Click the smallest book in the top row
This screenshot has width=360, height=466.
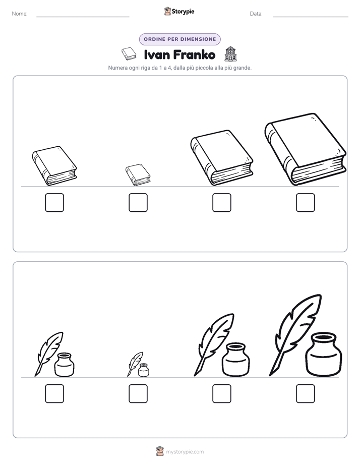pos(138,174)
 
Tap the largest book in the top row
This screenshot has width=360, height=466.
pos(306,149)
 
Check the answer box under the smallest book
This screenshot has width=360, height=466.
pos(138,202)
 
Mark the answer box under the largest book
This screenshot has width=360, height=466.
pos(306,202)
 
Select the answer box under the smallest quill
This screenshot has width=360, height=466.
pos(138,393)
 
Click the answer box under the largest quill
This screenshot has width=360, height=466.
pos(306,393)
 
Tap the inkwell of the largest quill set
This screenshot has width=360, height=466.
pos(324,354)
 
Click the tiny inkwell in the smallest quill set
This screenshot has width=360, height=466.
pos(144,370)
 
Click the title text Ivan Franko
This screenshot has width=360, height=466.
pos(179,54)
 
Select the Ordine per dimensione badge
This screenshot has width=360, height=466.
pos(179,39)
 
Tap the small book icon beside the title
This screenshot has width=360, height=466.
pos(129,54)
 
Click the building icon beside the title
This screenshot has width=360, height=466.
pos(230,54)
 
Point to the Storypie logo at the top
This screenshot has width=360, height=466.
pos(179,11)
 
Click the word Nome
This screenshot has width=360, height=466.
pos(20,14)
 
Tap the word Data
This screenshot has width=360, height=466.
pos(256,14)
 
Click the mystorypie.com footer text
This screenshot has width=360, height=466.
pos(185,452)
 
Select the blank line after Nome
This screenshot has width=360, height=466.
pos(83,17)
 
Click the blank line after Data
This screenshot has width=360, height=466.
pos(311,17)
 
